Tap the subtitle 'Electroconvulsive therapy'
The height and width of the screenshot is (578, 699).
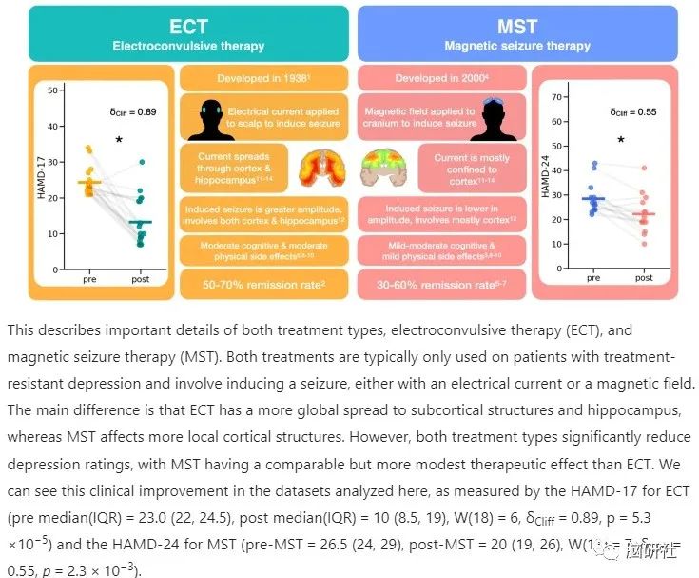click(x=188, y=46)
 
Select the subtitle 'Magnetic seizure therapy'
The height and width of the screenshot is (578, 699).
click(x=517, y=46)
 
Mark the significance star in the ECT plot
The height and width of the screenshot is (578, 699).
click(x=119, y=140)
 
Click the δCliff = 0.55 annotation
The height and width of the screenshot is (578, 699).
click(x=631, y=112)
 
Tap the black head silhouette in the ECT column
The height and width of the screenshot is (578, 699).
click(x=217, y=119)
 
